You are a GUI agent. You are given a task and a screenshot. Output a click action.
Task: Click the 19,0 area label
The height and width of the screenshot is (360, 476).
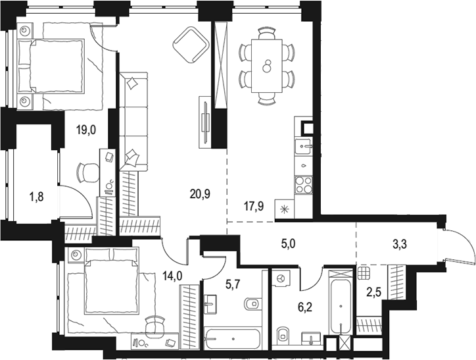85,130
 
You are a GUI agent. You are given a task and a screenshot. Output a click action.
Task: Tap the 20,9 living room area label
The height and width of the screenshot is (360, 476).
200,193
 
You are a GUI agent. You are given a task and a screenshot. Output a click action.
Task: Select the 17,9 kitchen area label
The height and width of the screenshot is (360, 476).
254,207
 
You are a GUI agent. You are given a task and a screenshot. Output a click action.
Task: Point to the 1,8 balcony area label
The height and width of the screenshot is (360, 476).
36,197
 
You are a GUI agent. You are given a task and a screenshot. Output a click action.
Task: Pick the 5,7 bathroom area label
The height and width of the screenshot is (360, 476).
234,285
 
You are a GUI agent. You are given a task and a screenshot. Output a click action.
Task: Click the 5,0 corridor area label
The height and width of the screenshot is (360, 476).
289,244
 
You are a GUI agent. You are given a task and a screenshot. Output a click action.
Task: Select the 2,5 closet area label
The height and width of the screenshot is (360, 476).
373,293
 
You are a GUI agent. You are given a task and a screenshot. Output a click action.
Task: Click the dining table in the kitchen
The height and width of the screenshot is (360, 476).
267,66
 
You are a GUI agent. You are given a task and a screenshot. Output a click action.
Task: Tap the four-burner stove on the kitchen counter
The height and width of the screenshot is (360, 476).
304,185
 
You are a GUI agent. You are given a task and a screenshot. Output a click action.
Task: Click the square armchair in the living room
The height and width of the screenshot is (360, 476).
191,45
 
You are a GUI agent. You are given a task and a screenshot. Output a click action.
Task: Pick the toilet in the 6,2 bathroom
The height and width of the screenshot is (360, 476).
283,334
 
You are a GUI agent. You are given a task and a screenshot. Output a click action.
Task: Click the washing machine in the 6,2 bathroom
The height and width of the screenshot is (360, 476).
281,278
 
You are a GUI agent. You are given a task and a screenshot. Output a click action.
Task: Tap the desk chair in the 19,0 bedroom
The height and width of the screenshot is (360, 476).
88,172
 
